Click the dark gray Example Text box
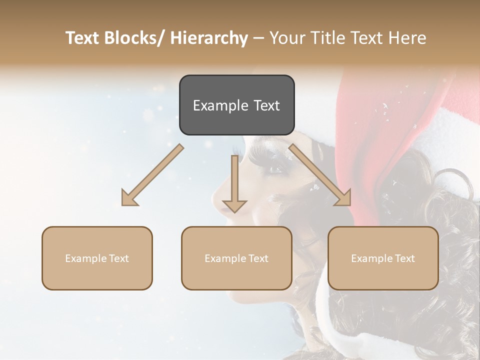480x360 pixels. click(x=236, y=105)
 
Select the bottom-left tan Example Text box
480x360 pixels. click(x=97, y=258)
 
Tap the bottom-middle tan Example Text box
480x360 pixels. click(x=236, y=258)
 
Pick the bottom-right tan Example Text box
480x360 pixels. click(x=383, y=258)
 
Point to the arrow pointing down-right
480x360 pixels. click(x=320, y=175)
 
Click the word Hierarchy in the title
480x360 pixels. click(x=209, y=38)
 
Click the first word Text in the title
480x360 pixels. click(x=82, y=38)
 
